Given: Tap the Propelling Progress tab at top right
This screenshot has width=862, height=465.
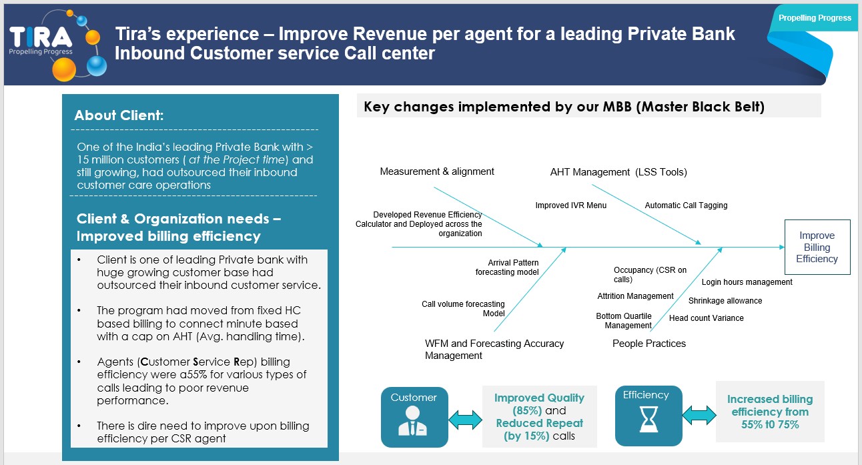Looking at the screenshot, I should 815,18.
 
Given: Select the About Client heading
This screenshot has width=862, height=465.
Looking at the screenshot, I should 119,115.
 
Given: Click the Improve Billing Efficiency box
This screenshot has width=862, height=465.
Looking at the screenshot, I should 817,247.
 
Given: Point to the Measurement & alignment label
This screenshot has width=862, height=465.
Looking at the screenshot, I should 437,171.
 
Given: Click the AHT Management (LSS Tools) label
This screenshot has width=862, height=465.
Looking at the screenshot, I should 618,172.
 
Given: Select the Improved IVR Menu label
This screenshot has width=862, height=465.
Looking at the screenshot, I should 570,205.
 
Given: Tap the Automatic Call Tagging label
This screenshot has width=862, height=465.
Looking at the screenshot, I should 686,205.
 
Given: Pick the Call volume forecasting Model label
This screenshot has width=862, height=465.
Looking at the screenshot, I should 463,309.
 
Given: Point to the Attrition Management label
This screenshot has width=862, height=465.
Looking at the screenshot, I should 635,296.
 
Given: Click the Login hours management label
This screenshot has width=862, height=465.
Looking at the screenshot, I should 747,282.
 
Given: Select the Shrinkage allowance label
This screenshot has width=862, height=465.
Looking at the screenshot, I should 725,301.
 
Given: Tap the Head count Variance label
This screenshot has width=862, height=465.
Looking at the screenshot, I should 707,318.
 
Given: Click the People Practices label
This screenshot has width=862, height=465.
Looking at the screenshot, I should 649,344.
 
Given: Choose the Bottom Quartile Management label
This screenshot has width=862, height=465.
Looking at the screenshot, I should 624,321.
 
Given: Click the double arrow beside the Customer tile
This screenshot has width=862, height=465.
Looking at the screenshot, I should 465,419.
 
